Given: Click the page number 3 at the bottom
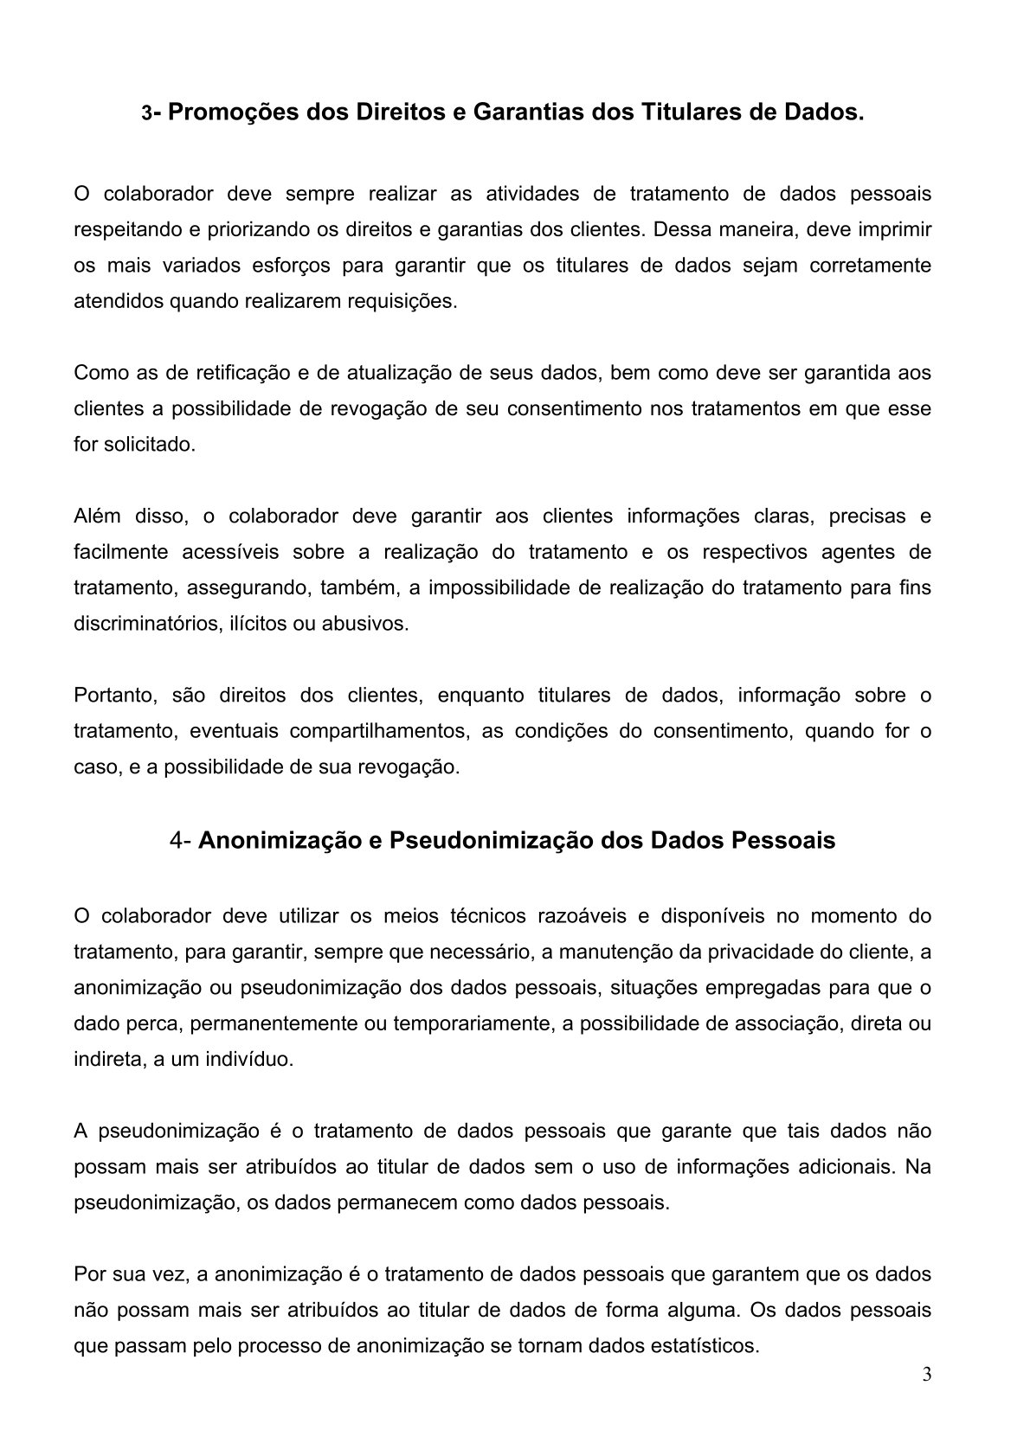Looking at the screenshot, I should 927,1375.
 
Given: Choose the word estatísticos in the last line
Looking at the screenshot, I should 705,1346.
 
